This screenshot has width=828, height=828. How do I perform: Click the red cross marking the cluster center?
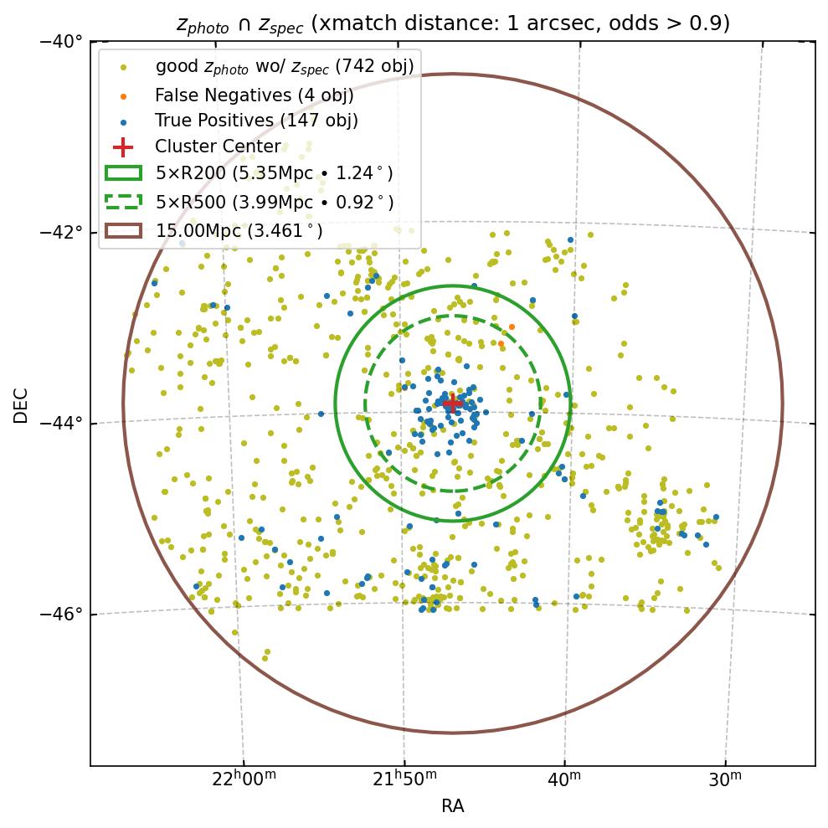click(x=452, y=404)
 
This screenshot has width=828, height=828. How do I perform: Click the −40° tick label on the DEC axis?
click(x=61, y=41)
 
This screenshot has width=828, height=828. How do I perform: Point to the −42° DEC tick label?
click(x=61, y=232)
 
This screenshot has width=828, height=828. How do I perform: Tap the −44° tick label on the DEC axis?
click(x=61, y=423)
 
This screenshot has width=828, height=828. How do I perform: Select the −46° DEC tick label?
click(x=61, y=615)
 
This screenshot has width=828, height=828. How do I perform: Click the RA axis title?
click(x=452, y=806)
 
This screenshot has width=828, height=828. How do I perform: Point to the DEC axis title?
click(x=21, y=404)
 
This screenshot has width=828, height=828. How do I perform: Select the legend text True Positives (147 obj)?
click(x=256, y=121)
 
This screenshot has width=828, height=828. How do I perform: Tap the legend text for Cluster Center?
click(x=218, y=147)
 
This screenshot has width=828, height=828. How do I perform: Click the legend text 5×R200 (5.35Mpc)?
click(x=274, y=174)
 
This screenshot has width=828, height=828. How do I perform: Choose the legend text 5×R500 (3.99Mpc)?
click(x=274, y=202)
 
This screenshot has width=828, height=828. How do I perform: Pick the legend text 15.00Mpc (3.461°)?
click(x=239, y=230)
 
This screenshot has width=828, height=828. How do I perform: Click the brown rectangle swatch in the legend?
click(x=122, y=230)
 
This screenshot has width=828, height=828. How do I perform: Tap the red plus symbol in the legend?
click(x=123, y=147)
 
